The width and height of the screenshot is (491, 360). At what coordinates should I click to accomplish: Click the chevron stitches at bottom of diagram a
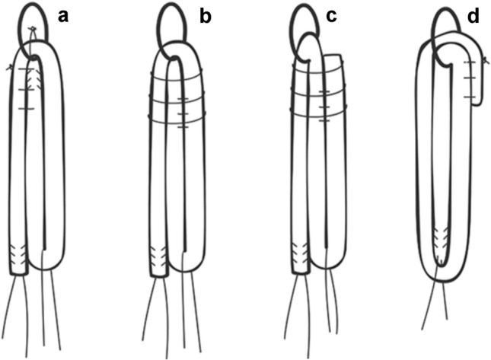(x=18, y=256)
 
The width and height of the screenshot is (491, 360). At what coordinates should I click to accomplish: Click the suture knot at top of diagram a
(x=32, y=30)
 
